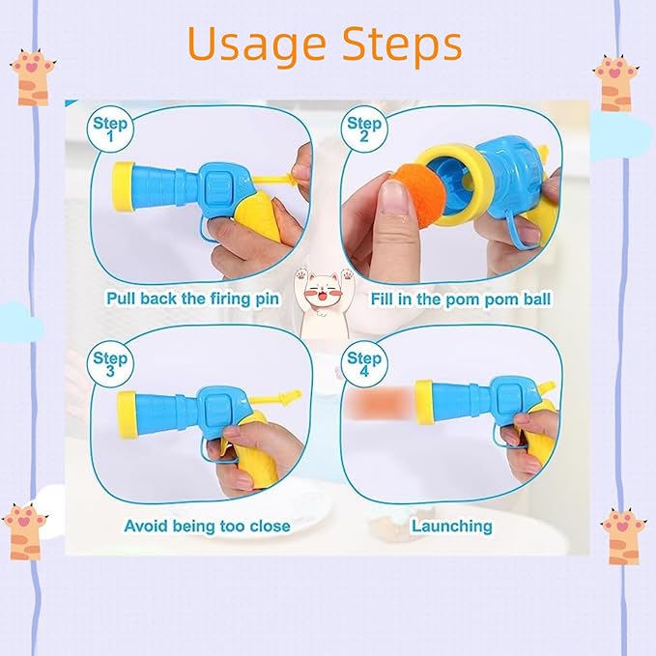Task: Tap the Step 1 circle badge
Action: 110,128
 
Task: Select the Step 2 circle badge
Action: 364,128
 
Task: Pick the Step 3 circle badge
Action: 110,363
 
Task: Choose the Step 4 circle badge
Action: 364,363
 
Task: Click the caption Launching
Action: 452,526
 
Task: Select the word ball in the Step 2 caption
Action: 536,299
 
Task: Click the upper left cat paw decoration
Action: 33,77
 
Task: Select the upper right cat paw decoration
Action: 615,83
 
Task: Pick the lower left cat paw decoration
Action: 25,531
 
